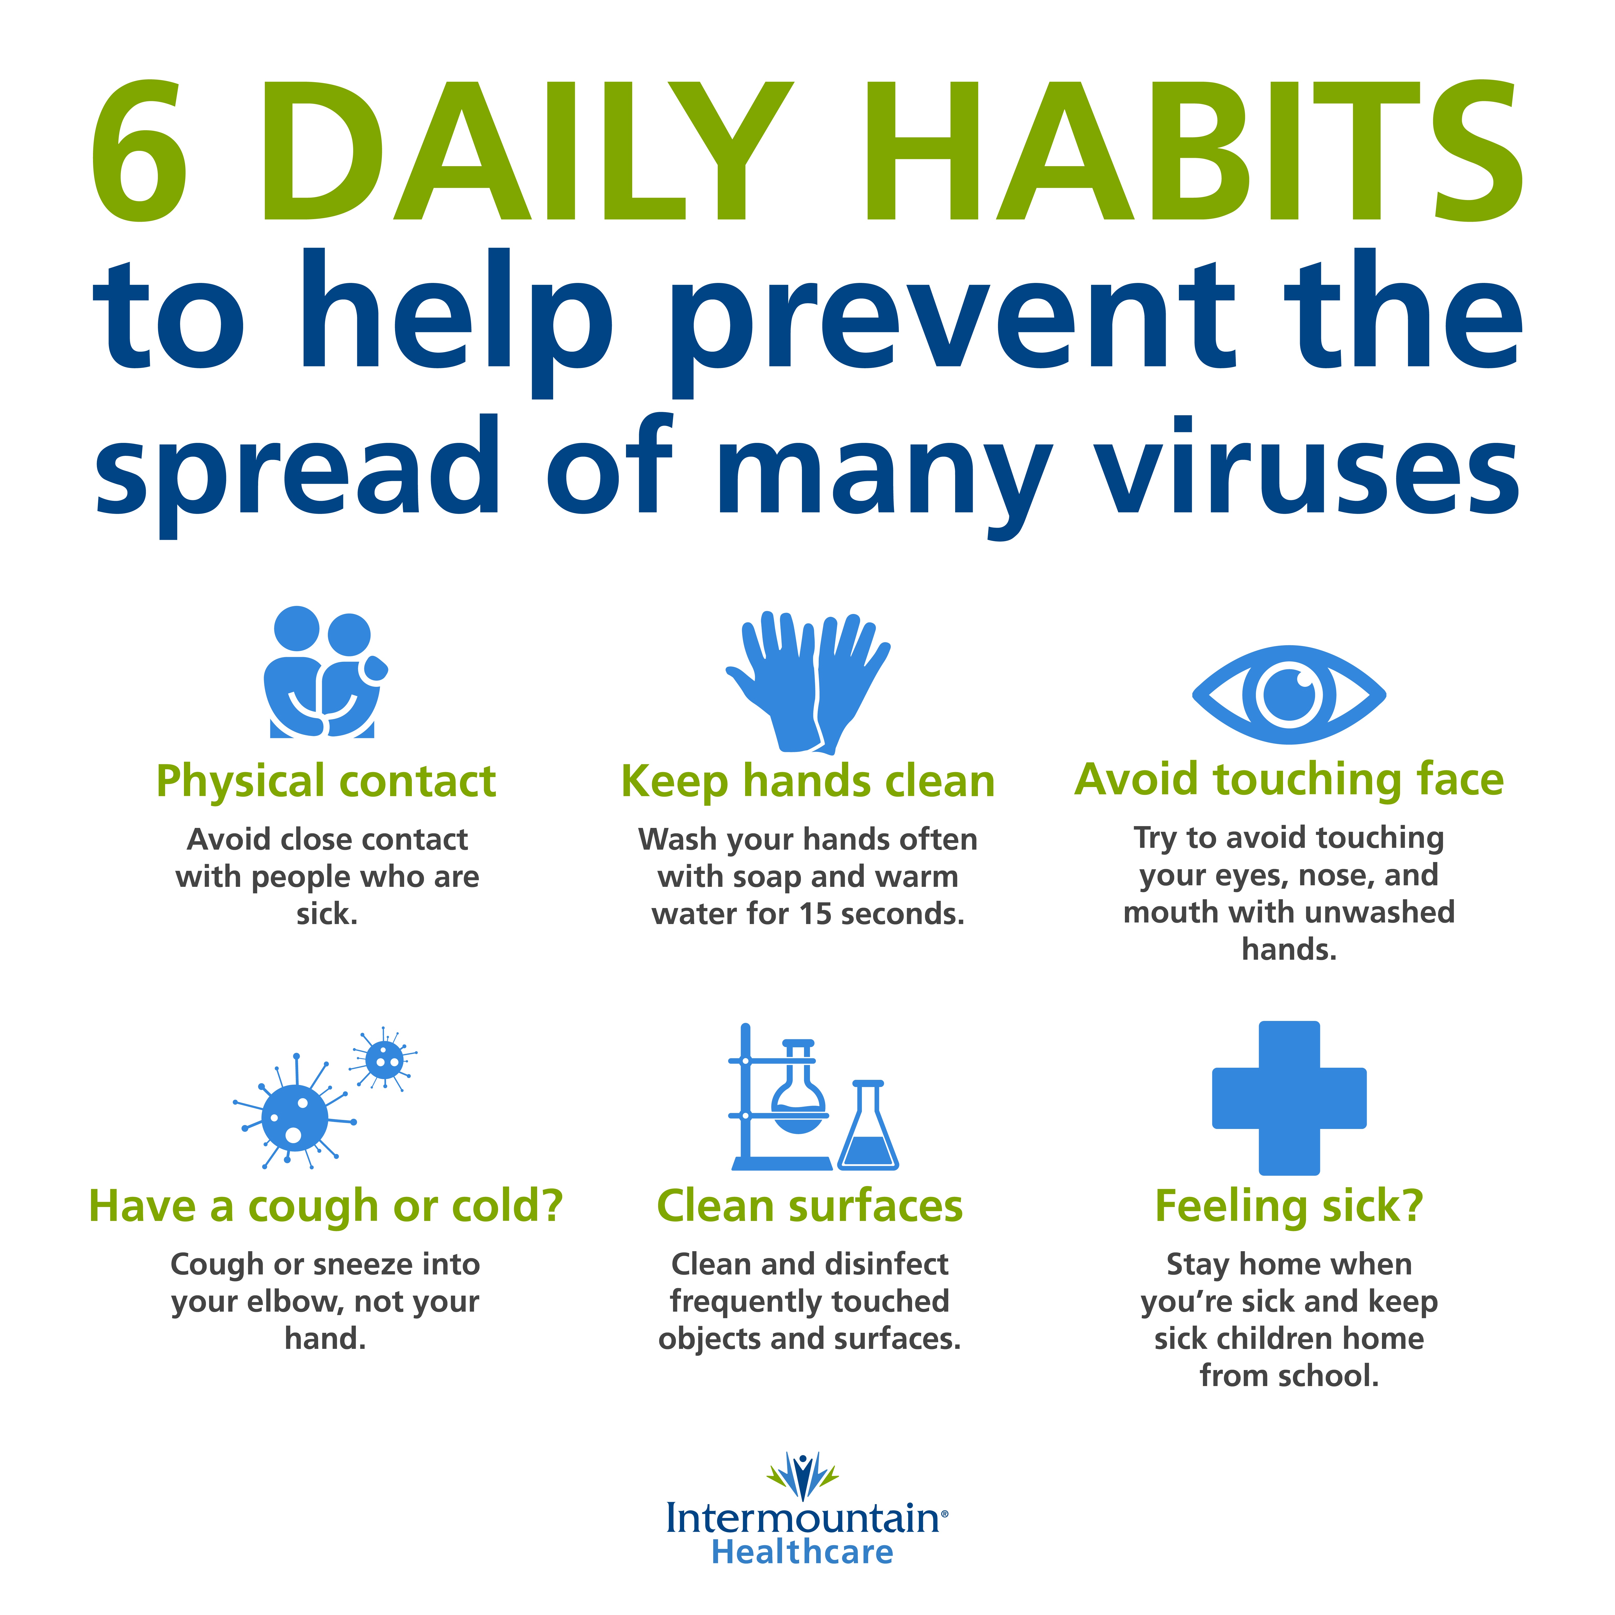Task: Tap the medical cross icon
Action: click(1289, 1098)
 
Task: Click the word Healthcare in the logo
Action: click(802, 1552)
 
